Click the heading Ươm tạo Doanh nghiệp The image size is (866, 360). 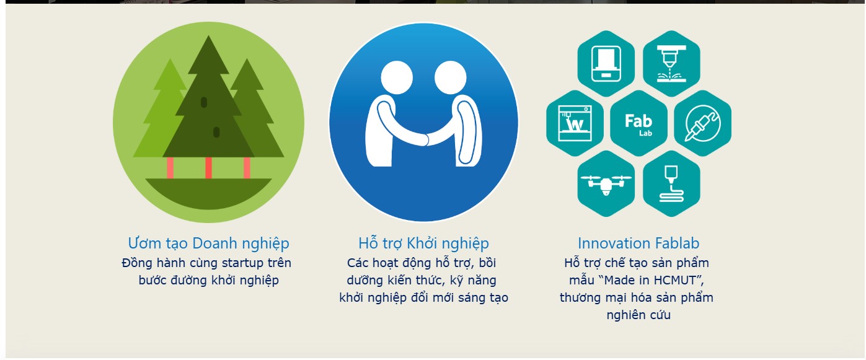(x=208, y=244)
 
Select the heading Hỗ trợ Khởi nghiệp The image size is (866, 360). (x=423, y=244)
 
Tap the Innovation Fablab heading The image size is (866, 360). (x=638, y=244)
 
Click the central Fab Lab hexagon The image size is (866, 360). (x=638, y=123)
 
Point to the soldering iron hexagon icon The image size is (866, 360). (x=702, y=123)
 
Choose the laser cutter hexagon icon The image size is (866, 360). (x=671, y=64)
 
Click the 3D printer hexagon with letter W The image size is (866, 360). (x=575, y=123)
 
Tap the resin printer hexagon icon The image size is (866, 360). (x=606, y=64)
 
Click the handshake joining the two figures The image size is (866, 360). (x=425, y=139)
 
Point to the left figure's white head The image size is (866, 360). (x=397, y=77)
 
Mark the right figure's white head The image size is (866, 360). (x=451, y=77)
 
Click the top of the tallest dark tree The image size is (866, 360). (x=209, y=36)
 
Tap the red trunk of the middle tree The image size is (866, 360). (x=208, y=168)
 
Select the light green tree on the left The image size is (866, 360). (x=162, y=112)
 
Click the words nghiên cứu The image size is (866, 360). (x=638, y=315)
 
